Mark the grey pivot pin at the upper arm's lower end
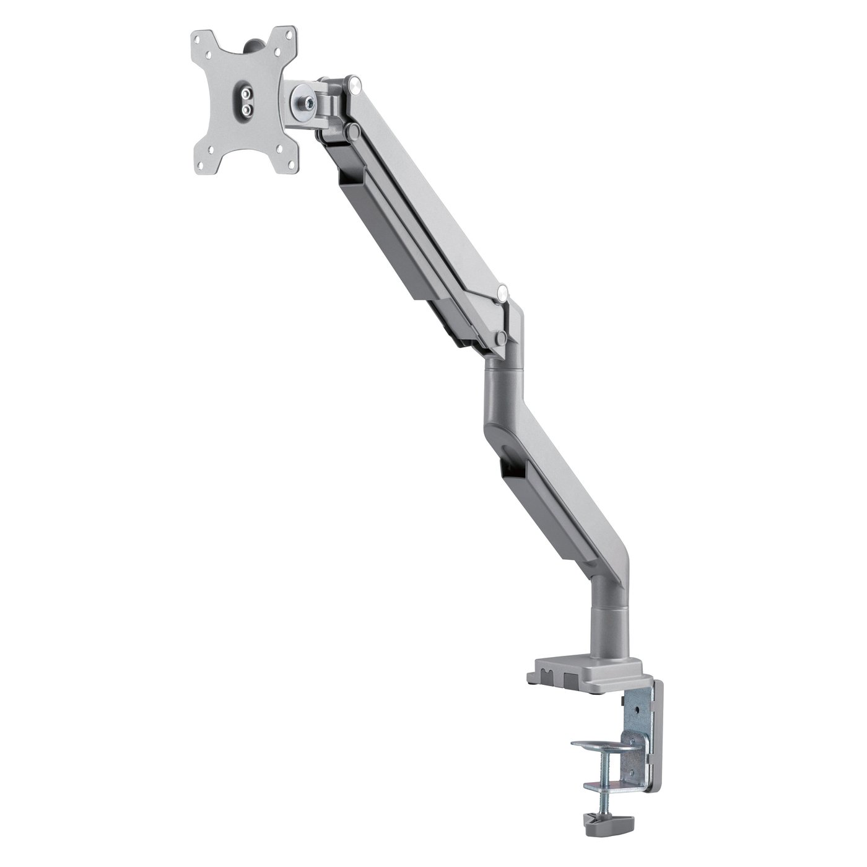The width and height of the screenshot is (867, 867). (501, 338)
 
